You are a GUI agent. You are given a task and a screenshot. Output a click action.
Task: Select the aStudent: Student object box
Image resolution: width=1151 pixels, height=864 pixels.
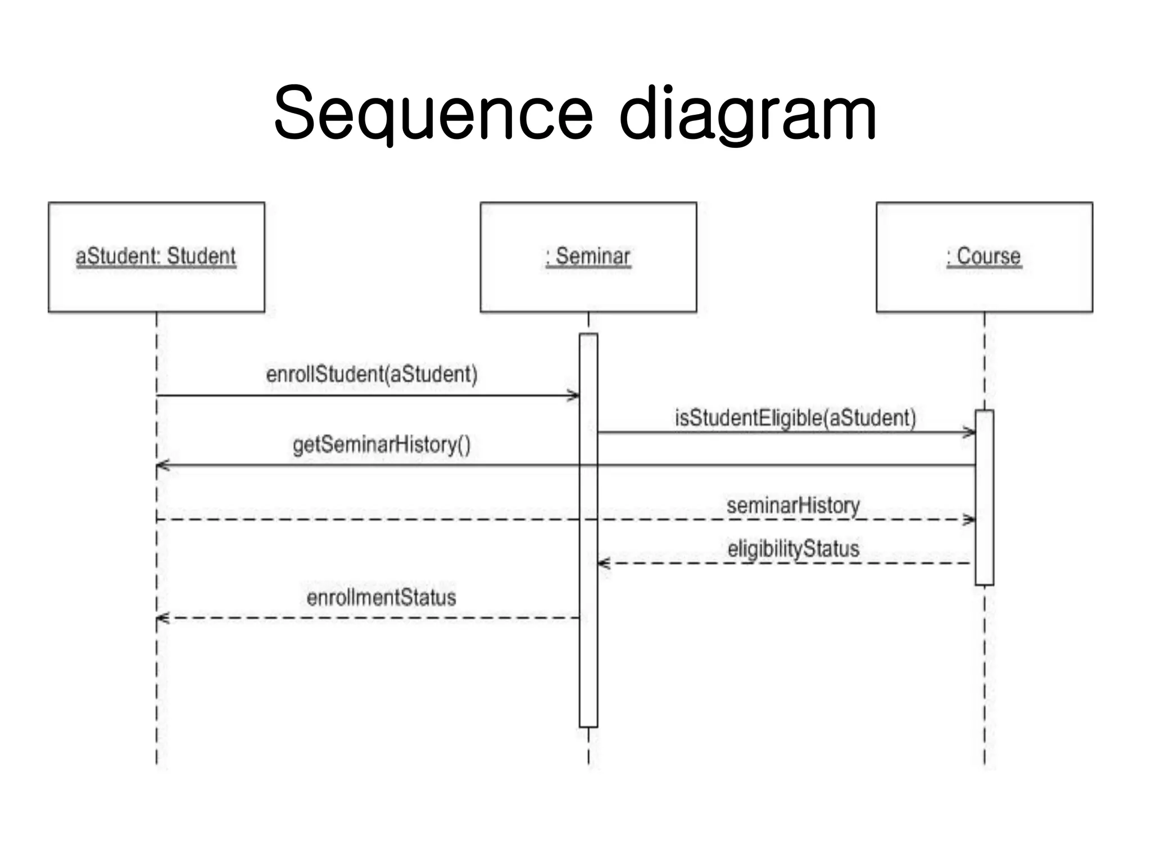156,257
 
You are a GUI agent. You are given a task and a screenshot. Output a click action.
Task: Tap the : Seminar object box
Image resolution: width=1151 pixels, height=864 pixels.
588,257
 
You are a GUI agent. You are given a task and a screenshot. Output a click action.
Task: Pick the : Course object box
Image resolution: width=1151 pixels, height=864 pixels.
984,257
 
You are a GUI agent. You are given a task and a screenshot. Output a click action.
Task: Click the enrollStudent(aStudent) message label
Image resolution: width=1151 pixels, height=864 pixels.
371,375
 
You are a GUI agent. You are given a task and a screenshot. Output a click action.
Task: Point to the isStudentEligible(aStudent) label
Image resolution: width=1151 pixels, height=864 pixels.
795,418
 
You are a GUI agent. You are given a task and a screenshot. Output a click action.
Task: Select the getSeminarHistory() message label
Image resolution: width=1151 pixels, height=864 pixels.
382,445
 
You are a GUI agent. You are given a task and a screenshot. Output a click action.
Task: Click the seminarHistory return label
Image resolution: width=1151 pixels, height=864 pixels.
793,506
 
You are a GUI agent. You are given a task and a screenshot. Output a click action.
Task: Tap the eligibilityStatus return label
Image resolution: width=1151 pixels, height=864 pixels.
793,549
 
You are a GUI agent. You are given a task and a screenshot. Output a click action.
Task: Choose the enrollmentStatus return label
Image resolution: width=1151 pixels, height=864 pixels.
381,598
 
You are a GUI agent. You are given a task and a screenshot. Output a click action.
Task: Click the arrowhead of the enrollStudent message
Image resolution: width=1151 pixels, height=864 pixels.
574,395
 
